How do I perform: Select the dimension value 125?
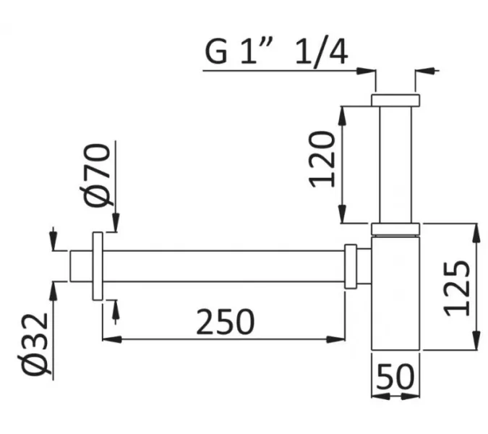(457, 287)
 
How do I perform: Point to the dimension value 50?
(395, 377)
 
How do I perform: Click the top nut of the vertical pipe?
(395, 100)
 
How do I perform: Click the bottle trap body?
(395, 297)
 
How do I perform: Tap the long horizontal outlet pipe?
(224, 267)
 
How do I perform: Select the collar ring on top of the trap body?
(395, 230)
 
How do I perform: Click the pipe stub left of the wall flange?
(80, 267)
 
